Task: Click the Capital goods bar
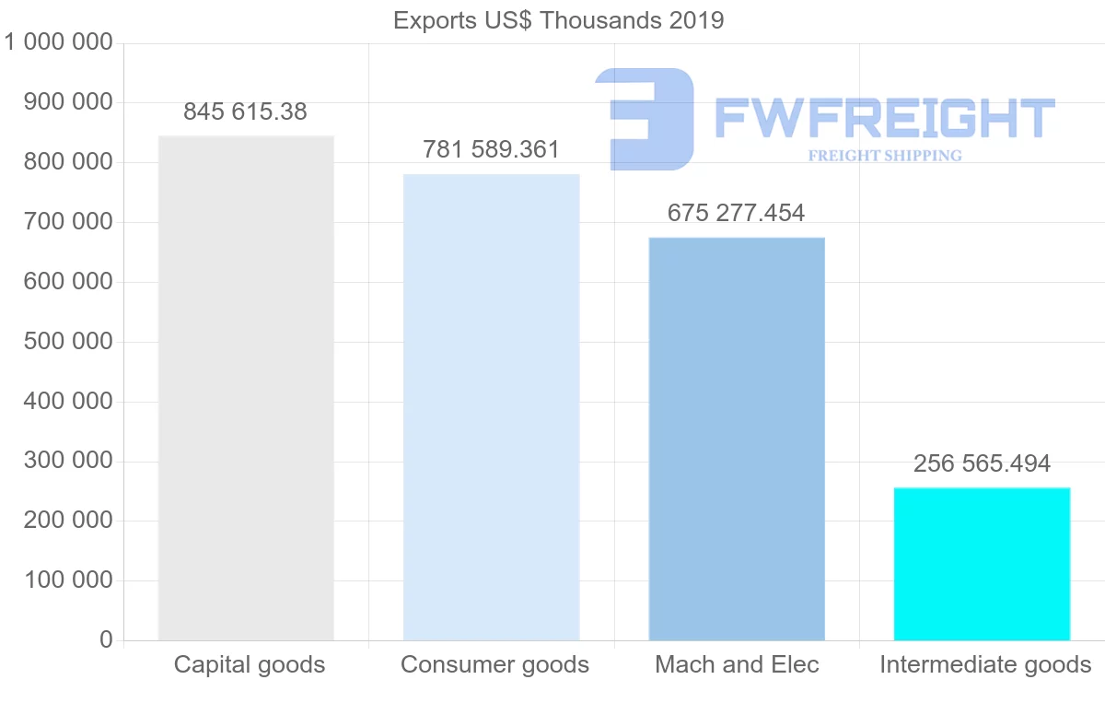click(246, 388)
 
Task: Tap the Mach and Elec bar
click(737, 439)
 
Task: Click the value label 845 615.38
click(245, 112)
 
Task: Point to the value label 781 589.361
click(491, 150)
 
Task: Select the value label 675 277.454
click(736, 214)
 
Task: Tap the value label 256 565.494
click(982, 464)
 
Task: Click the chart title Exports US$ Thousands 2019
click(559, 20)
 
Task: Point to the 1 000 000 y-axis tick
click(58, 43)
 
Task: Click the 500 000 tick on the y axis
click(71, 342)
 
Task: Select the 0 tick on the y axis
click(106, 640)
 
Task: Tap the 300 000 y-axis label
click(71, 462)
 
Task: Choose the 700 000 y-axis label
click(71, 222)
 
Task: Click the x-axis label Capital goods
click(250, 664)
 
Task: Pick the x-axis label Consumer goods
click(494, 664)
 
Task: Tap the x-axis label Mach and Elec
click(737, 664)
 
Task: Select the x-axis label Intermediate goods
click(985, 664)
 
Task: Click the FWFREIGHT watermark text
click(884, 118)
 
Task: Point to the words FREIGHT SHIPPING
click(885, 156)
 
